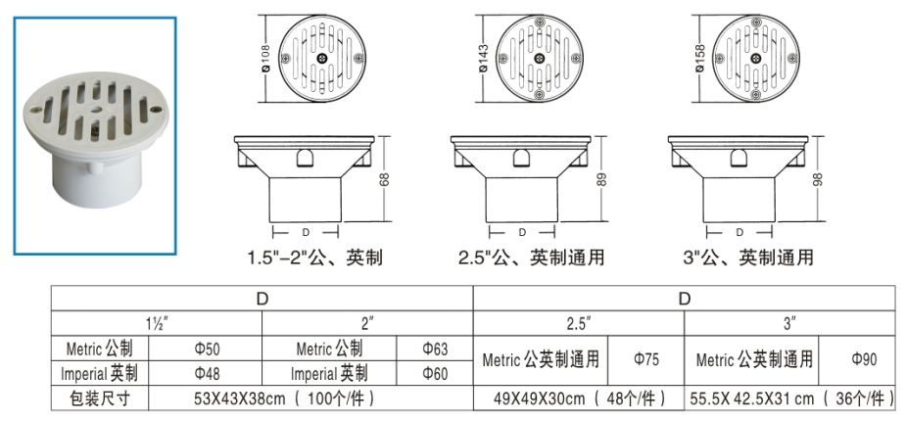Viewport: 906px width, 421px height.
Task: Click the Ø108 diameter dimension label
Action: tap(266, 60)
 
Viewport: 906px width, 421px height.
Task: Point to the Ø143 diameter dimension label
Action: tap(483, 59)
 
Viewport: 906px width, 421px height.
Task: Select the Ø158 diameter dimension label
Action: tap(700, 59)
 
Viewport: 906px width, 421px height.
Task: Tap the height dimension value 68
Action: tap(384, 179)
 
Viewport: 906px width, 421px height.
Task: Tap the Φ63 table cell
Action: tap(435, 349)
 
